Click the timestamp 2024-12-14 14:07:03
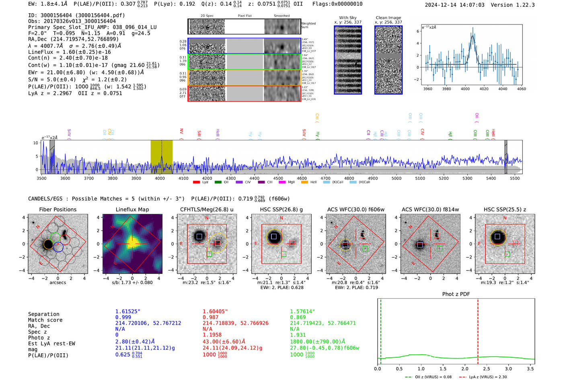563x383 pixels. [x=454, y=5]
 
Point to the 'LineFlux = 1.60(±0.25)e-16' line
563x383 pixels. [x=69, y=52]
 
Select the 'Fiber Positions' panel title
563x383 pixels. [x=58, y=209]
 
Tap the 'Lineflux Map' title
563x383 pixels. [x=132, y=209]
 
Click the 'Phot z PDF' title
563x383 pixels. [x=456, y=294]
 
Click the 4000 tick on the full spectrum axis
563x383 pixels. [x=160, y=178]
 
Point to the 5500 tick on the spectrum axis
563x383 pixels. [x=515, y=178]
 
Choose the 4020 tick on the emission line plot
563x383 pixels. [x=484, y=89]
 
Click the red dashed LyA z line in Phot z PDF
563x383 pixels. [x=478, y=330]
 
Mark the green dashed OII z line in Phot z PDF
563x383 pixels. [x=380, y=330]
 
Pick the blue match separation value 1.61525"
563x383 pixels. [x=128, y=311]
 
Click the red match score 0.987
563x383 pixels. [x=210, y=317]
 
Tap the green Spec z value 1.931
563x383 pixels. [x=298, y=335]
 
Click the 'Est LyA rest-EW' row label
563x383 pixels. [x=51, y=344]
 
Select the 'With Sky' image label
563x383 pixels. [x=347, y=18]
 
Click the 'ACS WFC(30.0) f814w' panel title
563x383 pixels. [x=430, y=209]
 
